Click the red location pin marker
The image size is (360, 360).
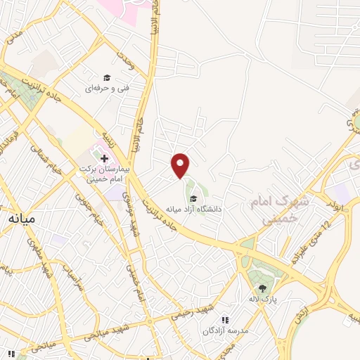181,165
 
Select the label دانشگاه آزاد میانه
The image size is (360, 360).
193,209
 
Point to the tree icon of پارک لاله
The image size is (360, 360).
262,288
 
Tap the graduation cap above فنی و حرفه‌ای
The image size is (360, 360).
107,77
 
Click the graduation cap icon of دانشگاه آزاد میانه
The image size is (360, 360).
193,198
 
